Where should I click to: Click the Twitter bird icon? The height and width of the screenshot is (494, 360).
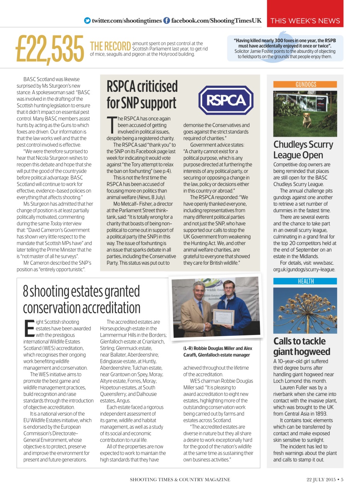(x=88, y=21)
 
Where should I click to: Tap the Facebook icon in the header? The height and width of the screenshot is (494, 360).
(x=166, y=21)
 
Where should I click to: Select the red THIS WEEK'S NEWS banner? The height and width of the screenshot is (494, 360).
(x=305, y=21)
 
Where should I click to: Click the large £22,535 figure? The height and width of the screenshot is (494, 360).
(x=49, y=49)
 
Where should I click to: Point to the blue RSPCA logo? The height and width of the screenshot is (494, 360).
(x=226, y=100)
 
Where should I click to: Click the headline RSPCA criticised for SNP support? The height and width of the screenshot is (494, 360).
(x=142, y=95)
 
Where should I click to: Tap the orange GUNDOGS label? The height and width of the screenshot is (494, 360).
(x=305, y=85)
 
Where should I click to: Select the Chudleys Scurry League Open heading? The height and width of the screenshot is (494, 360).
(x=303, y=150)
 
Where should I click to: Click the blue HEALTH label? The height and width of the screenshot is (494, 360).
(x=305, y=281)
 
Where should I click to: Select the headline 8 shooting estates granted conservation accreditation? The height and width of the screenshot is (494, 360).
(x=82, y=300)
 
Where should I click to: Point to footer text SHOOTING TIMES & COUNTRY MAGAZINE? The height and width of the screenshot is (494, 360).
(x=180, y=480)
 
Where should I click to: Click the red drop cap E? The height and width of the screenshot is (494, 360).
(x=29, y=328)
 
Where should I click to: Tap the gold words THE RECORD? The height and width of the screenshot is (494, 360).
(x=110, y=46)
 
